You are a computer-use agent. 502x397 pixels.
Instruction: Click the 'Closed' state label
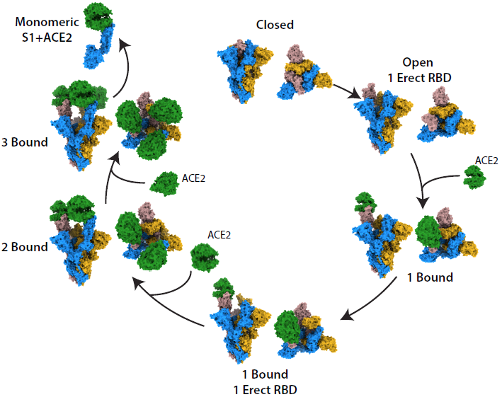click(275, 25)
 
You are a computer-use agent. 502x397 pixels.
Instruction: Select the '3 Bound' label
click(24, 143)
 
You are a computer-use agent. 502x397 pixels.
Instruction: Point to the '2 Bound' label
click(24, 247)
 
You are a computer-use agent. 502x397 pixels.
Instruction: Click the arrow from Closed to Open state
click(346, 91)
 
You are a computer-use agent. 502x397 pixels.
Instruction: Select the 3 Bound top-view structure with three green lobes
click(149, 127)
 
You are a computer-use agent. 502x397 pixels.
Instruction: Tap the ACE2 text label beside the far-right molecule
click(486, 161)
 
